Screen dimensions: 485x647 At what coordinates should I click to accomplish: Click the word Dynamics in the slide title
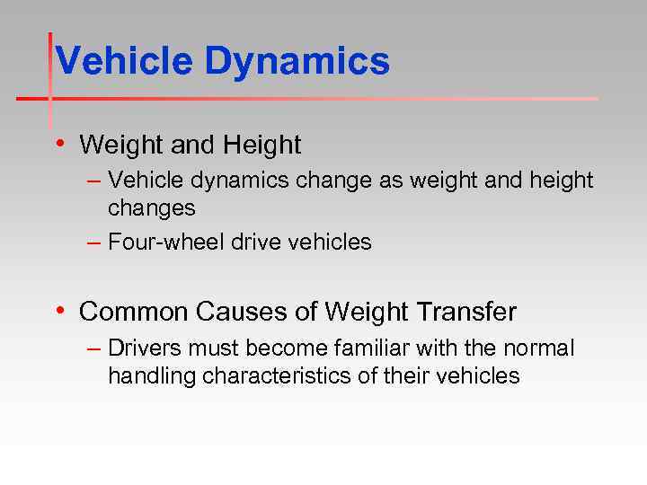297,62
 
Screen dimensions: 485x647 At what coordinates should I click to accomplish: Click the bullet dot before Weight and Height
59,143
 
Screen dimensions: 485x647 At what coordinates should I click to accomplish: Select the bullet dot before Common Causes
59,311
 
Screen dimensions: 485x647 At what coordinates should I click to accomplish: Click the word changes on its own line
151,208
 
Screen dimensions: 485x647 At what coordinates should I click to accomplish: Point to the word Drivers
144,348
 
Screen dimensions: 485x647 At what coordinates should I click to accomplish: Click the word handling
151,375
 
